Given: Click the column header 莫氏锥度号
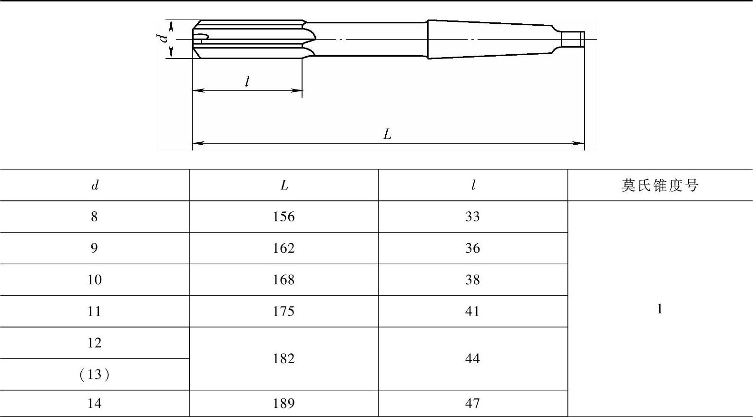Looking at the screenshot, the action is (x=660, y=185).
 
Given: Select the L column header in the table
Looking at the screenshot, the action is (x=284, y=185).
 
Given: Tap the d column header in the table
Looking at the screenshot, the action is (x=95, y=185).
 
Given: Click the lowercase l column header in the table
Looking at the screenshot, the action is (x=473, y=185).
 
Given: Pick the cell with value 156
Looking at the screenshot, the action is (x=284, y=217).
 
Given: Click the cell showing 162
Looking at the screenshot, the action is (x=284, y=248).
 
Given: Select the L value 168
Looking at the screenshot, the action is (x=284, y=280).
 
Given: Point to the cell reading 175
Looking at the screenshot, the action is (x=284, y=311).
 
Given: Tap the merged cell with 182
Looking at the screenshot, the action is (x=284, y=359).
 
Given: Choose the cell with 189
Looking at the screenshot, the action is (x=284, y=403).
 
